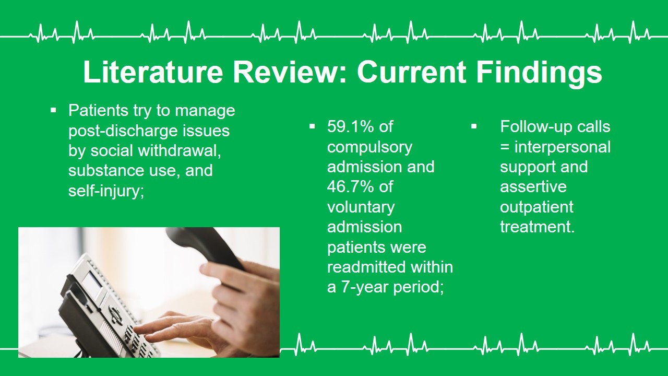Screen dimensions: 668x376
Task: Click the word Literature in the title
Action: [x=153, y=72]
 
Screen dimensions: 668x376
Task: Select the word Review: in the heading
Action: [x=290, y=72]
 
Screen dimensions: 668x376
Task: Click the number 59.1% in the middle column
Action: [x=350, y=126]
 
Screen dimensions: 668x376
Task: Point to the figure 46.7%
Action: [x=350, y=187]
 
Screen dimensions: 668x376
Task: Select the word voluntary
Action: [x=361, y=208]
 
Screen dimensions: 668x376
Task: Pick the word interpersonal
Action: [x=563, y=148]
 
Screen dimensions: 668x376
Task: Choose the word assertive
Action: [x=533, y=187]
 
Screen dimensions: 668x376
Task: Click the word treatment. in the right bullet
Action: [x=538, y=227]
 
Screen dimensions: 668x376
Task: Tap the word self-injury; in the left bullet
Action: [x=106, y=191]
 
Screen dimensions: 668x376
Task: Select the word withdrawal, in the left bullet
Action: [x=180, y=150]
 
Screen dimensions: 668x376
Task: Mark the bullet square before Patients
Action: [x=53, y=111]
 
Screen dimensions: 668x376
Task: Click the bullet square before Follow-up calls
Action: [x=474, y=127]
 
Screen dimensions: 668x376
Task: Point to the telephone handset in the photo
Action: [x=206, y=248]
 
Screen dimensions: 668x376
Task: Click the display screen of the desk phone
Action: [x=92, y=282]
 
